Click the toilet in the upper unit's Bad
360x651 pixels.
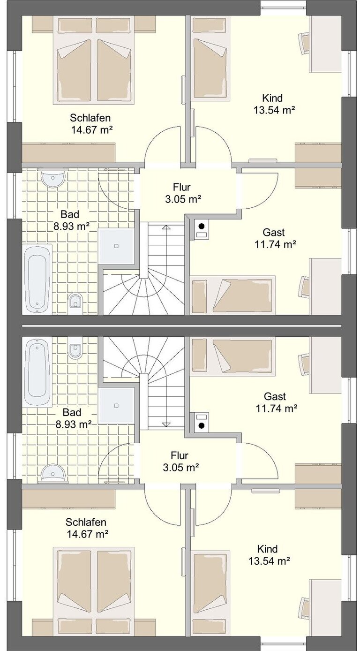pyautogui.click(x=75, y=304)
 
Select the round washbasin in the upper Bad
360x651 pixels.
pyautogui.click(x=52, y=178)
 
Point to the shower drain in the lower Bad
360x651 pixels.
pyautogui.click(x=117, y=405)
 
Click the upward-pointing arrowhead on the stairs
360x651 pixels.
pyautogui.click(x=166, y=227)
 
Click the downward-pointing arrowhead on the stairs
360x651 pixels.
pyautogui.click(x=166, y=424)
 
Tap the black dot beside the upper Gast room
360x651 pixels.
pyautogui.click(x=202, y=226)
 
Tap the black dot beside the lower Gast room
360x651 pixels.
pyautogui.click(x=202, y=426)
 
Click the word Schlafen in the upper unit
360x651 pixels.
pyautogui.click(x=90, y=118)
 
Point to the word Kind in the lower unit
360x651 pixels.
pyautogui.click(x=267, y=549)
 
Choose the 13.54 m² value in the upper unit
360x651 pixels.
pyautogui.click(x=275, y=110)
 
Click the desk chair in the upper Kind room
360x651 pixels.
pyautogui.click(x=304, y=43)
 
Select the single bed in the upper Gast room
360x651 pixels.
pyautogui.click(x=232, y=295)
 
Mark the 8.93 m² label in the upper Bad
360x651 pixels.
pyautogui.click(x=71, y=226)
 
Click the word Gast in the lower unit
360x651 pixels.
pyautogui.click(x=275, y=396)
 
